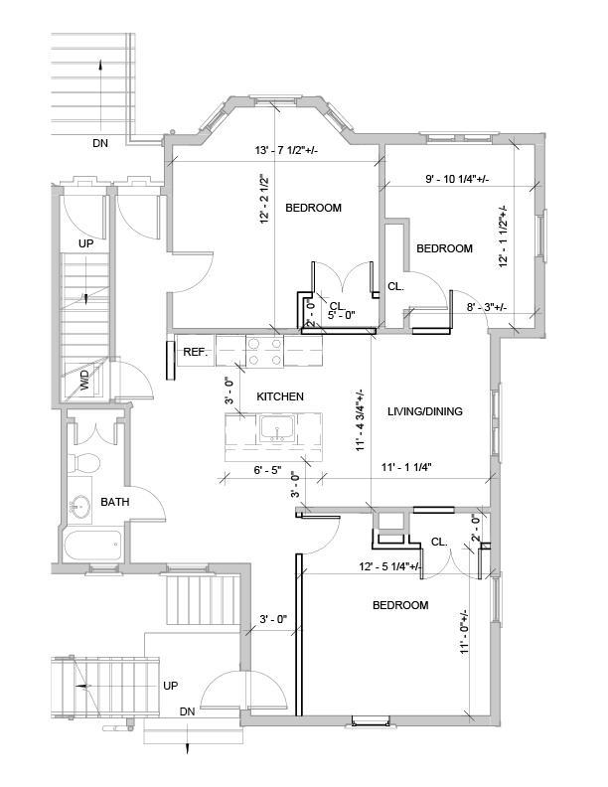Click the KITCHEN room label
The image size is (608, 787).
click(x=280, y=396)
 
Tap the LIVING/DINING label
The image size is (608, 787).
click(x=425, y=411)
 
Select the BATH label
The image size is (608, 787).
click(x=115, y=503)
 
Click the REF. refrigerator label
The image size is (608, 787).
click(x=195, y=352)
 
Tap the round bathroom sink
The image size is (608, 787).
click(x=80, y=506)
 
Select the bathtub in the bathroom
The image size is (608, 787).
click(x=92, y=545)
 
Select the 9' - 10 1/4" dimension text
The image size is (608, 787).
click(x=457, y=179)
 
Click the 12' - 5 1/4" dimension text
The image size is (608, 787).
click(x=389, y=567)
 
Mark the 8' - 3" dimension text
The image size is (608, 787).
click(x=487, y=307)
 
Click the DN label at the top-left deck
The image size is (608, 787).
click(x=100, y=143)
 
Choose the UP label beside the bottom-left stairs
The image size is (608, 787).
click(x=171, y=686)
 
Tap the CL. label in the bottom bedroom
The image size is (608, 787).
click(x=439, y=543)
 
